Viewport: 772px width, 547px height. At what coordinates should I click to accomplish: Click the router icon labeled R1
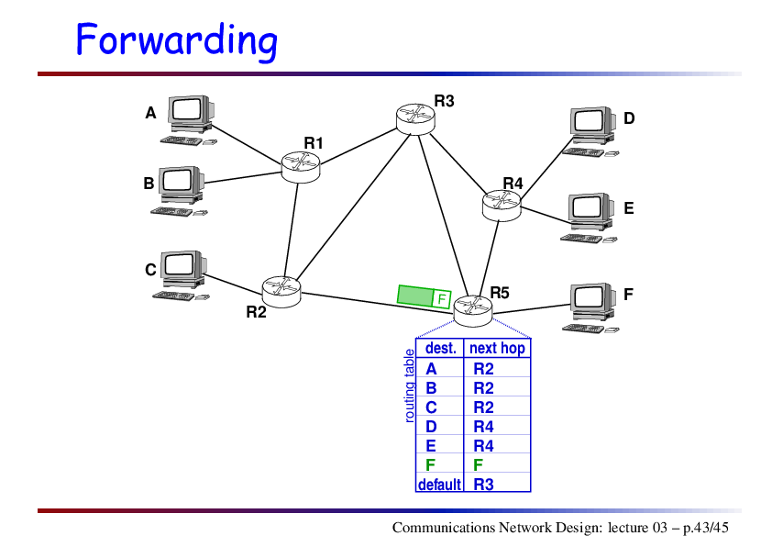(301, 168)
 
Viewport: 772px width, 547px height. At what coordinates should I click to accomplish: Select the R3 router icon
(415, 119)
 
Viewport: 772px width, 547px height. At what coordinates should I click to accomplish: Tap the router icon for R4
(502, 206)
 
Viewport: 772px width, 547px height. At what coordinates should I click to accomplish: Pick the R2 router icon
(281, 292)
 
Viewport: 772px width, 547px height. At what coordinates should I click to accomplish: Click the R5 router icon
(473, 311)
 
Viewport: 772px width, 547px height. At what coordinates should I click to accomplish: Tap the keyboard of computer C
(174, 296)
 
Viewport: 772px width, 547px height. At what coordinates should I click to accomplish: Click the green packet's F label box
(442, 298)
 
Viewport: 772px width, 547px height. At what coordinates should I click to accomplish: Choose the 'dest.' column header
(441, 349)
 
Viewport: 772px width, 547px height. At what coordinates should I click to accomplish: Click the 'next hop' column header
(497, 349)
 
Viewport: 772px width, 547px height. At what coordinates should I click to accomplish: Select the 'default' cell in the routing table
(439, 485)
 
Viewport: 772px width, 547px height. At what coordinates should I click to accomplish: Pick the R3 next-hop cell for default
(483, 485)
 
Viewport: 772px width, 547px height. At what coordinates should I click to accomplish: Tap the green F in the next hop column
(478, 464)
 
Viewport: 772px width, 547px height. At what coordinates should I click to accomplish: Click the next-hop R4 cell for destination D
(483, 426)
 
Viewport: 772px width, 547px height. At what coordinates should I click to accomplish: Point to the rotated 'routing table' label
(409, 385)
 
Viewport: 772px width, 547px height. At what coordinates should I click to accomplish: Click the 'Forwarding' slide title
(177, 40)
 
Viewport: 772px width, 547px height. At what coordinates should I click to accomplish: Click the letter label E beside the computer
(629, 208)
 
